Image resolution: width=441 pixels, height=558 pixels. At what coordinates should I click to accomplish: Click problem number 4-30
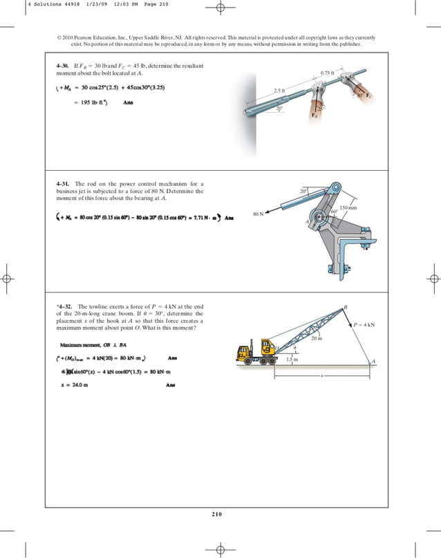pyautogui.click(x=63, y=65)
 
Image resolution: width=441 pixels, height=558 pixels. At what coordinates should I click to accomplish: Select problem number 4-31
pyautogui.click(x=64, y=183)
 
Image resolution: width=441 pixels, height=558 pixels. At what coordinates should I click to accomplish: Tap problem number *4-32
pyautogui.click(x=64, y=306)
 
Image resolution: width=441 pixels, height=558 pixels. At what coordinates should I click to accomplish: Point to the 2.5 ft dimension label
pyautogui.click(x=279, y=91)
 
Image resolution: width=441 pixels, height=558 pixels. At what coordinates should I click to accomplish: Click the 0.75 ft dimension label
pyautogui.click(x=328, y=73)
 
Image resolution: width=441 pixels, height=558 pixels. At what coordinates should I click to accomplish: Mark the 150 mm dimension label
pyautogui.click(x=349, y=207)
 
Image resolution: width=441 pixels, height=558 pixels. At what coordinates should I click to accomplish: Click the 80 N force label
pyautogui.click(x=258, y=215)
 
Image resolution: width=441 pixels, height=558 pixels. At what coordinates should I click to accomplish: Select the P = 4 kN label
pyautogui.click(x=364, y=324)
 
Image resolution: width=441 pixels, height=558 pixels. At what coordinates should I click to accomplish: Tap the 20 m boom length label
pyautogui.click(x=317, y=338)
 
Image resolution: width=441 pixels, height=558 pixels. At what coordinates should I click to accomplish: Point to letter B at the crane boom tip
pyautogui.click(x=345, y=306)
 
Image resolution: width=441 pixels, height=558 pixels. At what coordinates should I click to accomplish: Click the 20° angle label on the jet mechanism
pyautogui.click(x=303, y=190)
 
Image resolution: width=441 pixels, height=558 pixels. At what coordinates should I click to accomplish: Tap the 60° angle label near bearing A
pyautogui.click(x=334, y=212)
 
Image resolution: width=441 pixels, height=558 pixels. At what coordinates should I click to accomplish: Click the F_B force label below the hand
pyautogui.click(x=315, y=115)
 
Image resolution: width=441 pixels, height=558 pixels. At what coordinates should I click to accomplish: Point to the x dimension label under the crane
pyautogui.click(x=322, y=376)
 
